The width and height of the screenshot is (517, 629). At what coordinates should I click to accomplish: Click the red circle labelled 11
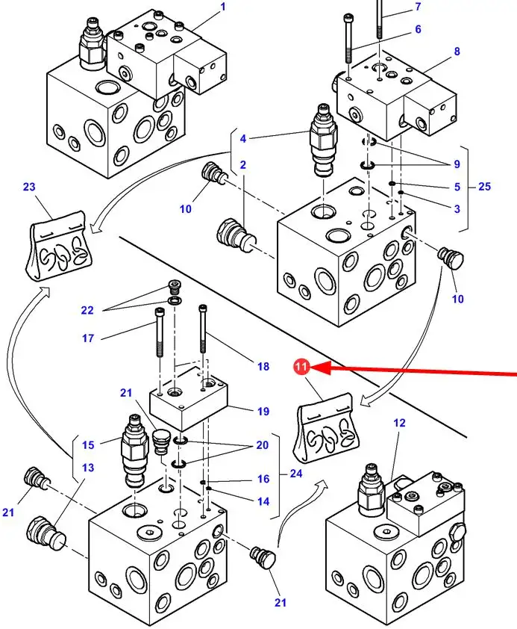click(x=301, y=367)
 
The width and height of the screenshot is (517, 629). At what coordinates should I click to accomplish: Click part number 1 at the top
click(x=222, y=7)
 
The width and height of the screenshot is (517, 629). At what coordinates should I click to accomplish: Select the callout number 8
click(x=457, y=52)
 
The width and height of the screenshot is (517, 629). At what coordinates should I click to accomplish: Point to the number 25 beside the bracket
click(x=484, y=186)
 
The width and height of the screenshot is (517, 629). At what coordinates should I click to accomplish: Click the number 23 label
click(x=29, y=187)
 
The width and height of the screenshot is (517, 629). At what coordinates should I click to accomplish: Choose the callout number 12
click(x=400, y=423)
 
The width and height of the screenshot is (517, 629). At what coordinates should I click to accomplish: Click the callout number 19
click(x=263, y=410)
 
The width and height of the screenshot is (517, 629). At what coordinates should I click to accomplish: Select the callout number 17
click(x=88, y=338)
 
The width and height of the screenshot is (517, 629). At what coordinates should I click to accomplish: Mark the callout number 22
click(x=88, y=310)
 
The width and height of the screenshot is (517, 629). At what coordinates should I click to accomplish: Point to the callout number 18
click(x=263, y=366)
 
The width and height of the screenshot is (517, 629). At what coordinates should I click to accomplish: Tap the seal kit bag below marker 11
click(x=328, y=432)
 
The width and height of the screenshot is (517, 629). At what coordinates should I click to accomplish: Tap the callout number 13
click(x=88, y=468)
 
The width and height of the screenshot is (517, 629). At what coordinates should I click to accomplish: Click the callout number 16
click(x=263, y=479)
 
